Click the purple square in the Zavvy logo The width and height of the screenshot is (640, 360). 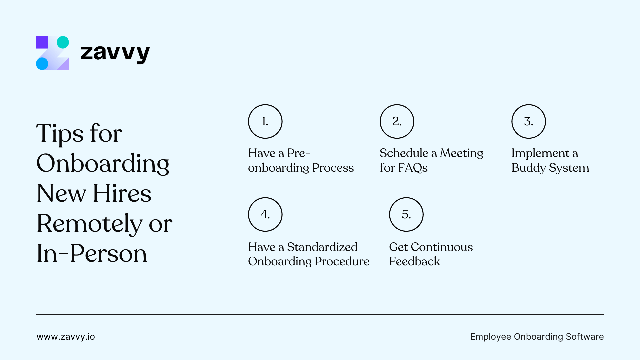click(x=42, y=42)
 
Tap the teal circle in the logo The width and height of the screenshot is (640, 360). click(x=63, y=42)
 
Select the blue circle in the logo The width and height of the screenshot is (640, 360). click(x=42, y=64)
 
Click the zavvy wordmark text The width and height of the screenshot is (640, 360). click(x=115, y=53)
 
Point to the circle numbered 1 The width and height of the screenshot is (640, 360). click(x=265, y=121)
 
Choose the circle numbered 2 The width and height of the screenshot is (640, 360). click(x=397, y=121)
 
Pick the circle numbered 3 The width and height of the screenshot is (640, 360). click(x=528, y=121)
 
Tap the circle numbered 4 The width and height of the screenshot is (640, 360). click(x=265, y=214)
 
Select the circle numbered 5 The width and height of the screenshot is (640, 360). click(x=406, y=214)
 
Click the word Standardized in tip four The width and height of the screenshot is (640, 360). click(x=322, y=247)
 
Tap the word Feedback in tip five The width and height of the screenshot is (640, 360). click(x=414, y=261)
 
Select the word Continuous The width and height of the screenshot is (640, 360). click(x=442, y=247)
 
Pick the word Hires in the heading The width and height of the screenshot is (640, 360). click(x=122, y=193)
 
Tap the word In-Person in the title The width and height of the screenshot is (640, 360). click(x=92, y=253)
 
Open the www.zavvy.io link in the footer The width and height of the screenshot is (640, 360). click(x=66, y=337)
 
